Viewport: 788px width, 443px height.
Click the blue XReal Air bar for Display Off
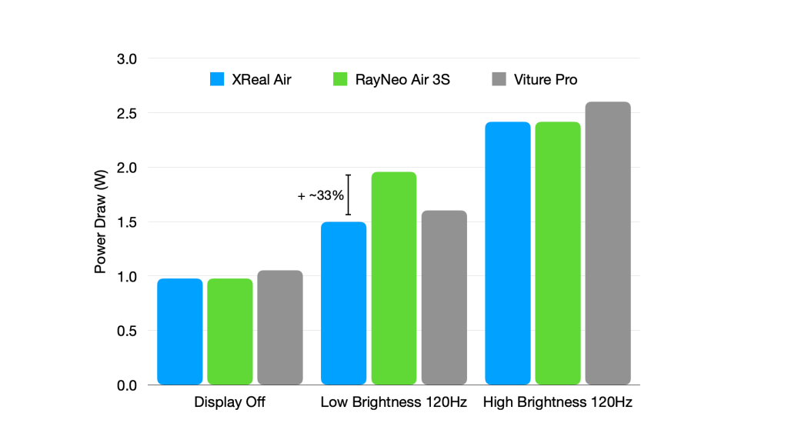[180, 331]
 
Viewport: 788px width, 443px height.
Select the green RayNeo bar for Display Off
[230, 331]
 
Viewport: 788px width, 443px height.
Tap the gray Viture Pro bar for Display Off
[280, 328]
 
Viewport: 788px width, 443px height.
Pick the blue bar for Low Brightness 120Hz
[343, 303]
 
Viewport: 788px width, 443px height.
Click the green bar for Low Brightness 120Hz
[394, 278]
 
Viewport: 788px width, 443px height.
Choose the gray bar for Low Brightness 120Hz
[444, 298]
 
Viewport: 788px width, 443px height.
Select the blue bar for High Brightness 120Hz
[508, 253]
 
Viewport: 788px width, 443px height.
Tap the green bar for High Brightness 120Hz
[558, 253]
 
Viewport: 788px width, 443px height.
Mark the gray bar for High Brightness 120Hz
[608, 243]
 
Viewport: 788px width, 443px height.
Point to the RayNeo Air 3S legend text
[402, 79]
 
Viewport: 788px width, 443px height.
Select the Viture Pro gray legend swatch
[499, 79]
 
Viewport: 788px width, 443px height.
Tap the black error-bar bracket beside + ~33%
[349, 195]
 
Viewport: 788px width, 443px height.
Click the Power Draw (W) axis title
[101, 222]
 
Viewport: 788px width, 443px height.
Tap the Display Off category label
[229, 402]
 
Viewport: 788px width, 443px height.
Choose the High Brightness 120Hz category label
[558, 402]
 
